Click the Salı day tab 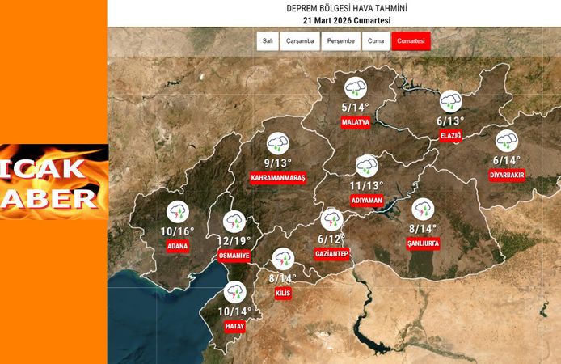[x=268, y=41]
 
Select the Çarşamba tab [x=299, y=41]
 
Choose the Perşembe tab [x=340, y=41]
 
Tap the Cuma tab [x=375, y=41]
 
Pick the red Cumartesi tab [x=411, y=41]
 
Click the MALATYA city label [x=355, y=123]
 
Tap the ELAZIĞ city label [x=450, y=136]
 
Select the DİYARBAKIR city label [x=507, y=175]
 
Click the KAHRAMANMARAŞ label [x=278, y=177]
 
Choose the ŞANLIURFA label [x=423, y=243]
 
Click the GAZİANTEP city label [x=331, y=254]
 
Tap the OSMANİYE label [x=234, y=256]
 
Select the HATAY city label [x=235, y=327]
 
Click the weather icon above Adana [x=177, y=213]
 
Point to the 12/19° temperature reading [x=234, y=240]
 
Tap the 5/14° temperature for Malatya [x=355, y=107]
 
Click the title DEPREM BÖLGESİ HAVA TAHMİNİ [x=334, y=7]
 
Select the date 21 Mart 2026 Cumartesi [x=334, y=19]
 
